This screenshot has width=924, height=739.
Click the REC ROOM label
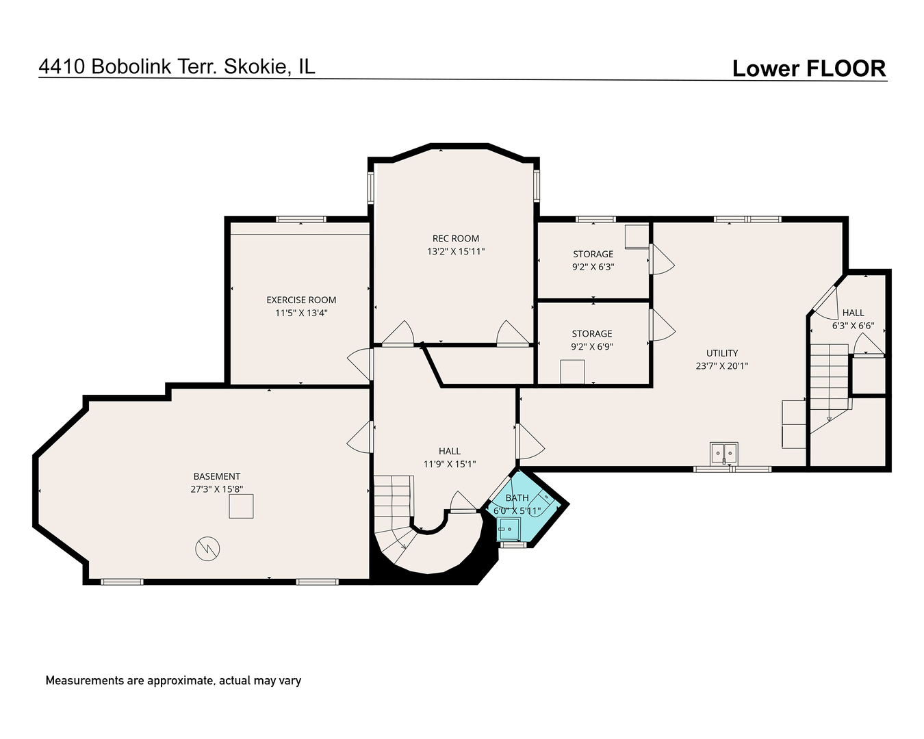tap(455, 238)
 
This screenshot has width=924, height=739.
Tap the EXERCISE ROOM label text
tap(301, 300)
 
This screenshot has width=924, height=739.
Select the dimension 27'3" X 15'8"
tap(216, 489)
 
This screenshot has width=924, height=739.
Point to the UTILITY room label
tap(722, 353)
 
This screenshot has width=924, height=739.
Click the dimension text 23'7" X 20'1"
tap(722, 366)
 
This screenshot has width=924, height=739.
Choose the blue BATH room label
tap(517, 498)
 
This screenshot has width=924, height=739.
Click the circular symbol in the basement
tap(207, 549)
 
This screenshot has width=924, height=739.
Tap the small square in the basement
tap(241, 506)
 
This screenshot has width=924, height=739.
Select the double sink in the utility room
tap(724, 453)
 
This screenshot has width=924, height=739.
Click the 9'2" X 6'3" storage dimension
tap(593, 268)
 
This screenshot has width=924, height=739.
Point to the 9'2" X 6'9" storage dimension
tap(592, 347)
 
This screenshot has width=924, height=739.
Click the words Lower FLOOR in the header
tap(809, 68)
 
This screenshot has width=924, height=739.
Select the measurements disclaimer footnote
tap(173, 681)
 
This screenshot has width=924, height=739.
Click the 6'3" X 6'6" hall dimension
tap(853, 326)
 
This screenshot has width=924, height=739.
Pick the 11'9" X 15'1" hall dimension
tap(450, 464)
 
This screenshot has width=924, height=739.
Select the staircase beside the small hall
tap(830, 387)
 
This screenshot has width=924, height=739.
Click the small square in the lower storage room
tap(572, 372)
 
